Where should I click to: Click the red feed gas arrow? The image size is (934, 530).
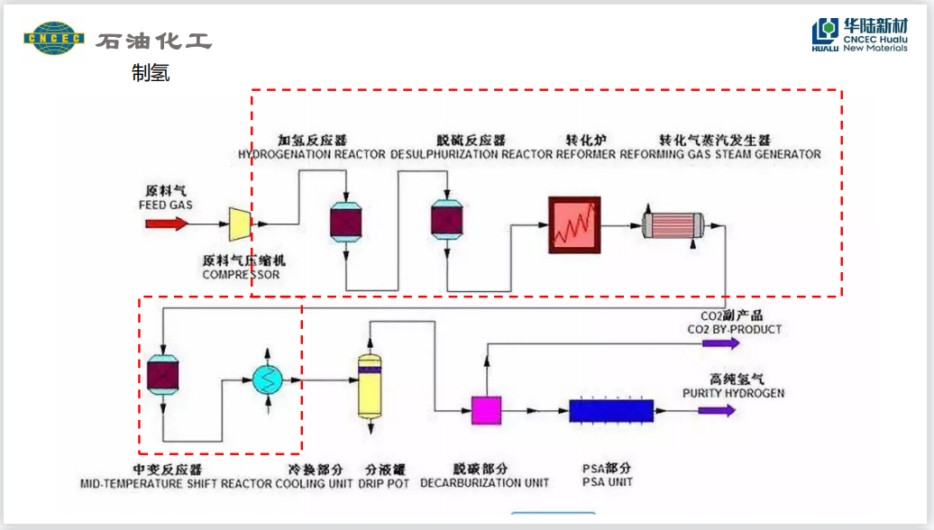(168, 223)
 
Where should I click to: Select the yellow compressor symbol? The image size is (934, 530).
(239, 224)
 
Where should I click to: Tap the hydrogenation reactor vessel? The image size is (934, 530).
(346, 219)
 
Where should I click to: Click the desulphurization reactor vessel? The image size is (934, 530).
(445, 219)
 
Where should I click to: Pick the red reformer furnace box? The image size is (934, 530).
(575, 223)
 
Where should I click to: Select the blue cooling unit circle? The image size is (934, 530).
(267, 380)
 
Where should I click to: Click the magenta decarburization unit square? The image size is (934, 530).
(487, 410)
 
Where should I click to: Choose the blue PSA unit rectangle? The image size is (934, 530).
(610, 410)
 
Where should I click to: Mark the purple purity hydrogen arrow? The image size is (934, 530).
(718, 410)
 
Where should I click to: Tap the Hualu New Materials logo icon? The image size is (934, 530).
(825, 36)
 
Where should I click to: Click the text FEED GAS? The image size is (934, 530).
(166, 206)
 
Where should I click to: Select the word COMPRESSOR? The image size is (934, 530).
(241, 274)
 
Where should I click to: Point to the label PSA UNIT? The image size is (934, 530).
(608, 483)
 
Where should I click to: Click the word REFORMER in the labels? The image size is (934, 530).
(586, 154)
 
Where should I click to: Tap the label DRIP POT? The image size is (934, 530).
(386, 484)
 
